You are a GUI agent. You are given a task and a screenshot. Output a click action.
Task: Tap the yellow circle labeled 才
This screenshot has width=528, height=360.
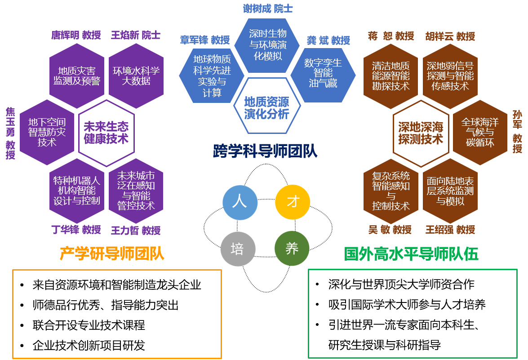pos(293,202)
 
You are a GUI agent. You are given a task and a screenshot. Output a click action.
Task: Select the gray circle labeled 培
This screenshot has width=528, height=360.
pos(238,249)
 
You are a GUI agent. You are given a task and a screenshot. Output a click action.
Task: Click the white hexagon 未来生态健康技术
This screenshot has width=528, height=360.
pos(106,133)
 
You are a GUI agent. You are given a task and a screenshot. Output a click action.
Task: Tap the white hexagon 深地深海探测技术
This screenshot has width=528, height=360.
pos(421,133)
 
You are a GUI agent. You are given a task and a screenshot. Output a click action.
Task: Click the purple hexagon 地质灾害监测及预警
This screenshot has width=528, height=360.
pos(77,76)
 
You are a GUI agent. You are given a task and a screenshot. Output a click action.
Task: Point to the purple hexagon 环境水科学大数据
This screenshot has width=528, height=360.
pos(136,76)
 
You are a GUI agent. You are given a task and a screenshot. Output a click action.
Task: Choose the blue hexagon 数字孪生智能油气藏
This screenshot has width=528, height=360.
pos(323,73)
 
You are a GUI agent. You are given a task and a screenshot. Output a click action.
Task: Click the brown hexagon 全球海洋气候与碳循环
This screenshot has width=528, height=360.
pos(480,133)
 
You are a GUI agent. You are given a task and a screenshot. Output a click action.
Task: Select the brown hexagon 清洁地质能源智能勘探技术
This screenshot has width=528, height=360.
pos(390,76)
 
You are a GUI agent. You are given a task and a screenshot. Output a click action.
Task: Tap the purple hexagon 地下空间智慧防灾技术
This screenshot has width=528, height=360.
pos(47,132)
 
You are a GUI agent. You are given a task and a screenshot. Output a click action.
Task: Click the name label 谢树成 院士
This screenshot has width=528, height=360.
pos(268,9)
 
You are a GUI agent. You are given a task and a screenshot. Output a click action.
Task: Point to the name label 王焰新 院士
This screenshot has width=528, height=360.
pos(136,35)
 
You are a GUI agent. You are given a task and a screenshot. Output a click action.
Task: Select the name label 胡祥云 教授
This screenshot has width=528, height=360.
pos(450,36)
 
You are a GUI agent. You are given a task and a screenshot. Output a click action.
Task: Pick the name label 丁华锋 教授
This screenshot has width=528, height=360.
pos(76,230)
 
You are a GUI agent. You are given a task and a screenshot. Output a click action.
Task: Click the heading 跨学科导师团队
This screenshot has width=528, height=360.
pos(265,151)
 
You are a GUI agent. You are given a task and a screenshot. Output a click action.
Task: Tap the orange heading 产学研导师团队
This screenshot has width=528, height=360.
pos(112,254)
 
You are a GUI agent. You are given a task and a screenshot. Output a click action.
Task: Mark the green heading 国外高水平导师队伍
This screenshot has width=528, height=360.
pos(411,254)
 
